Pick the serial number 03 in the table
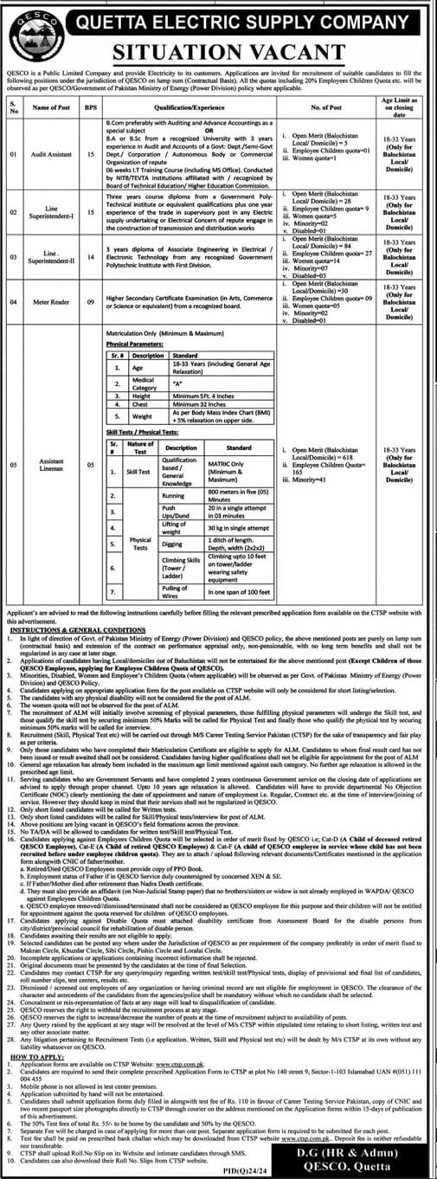pyautogui.click(x=12, y=257)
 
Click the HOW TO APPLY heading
pyautogui.click(x=31, y=1058)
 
